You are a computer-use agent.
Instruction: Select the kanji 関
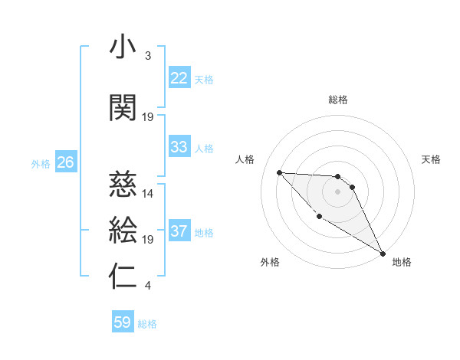tap(123, 108)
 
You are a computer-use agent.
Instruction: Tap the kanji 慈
tap(123, 184)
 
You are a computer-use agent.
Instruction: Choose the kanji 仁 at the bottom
tap(123, 277)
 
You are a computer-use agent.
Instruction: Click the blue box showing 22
tap(179, 78)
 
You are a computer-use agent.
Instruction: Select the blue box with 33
tap(179, 147)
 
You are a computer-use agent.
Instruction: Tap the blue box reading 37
tap(179, 231)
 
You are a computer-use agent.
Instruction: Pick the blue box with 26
tap(65, 162)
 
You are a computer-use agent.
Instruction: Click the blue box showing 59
tap(123, 322)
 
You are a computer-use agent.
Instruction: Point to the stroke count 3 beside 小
tap(147, 56)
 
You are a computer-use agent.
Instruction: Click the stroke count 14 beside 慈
tap(148, 193)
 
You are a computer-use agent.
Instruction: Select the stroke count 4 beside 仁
tap(147, 286)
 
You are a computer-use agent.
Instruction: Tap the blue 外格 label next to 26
tap(41, 163)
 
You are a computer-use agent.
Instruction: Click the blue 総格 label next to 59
tap(147, 324)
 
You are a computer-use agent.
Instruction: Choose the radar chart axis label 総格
tap(338, 100)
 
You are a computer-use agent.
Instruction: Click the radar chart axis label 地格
tap(402, 262)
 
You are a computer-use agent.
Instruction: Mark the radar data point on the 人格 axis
tap(279, 172)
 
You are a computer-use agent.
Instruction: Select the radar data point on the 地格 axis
tap(383, 254)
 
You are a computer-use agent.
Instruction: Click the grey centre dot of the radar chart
tap(338, 191)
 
